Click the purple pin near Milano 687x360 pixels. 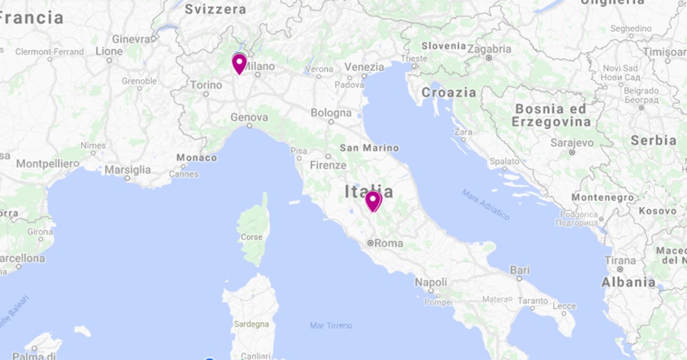tap(239, 63)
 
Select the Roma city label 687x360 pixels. tap(388, 243)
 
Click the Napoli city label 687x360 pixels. tap(431, 282)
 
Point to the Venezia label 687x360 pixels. tap(364, 67)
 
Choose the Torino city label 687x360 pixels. tap(206, 85)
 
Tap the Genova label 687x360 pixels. tap(249, 117)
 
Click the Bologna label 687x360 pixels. tap(331, 113)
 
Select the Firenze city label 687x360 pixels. tap(328, 165)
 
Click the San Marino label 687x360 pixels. tap(369, 148)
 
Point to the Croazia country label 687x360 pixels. tap(449, 93)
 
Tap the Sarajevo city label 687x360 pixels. tap(572, 143)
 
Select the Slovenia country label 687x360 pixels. tap(443, 46)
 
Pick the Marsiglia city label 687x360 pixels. tap(127, 169)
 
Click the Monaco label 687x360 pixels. tap(197, 158)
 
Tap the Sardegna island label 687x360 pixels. tap(250, 324)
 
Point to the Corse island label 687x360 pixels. tap(252, 237)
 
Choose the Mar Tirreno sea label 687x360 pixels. tap(331, 326)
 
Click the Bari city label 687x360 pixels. tap(520, 269)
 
